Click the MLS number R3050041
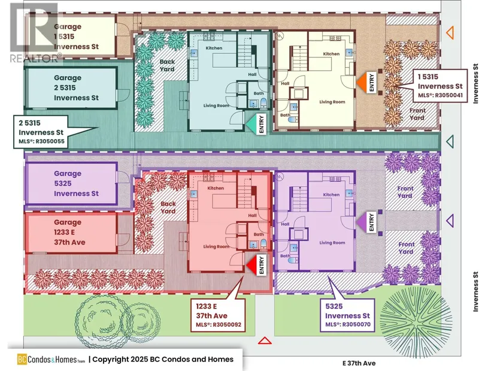(x=443, y=95)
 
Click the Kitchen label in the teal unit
(x=214, y=48)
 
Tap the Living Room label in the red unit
(x=216, y=246)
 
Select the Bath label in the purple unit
(x=285, y=256)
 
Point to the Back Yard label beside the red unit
(x=168, y=207)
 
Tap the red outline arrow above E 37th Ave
(x=263, y=341)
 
